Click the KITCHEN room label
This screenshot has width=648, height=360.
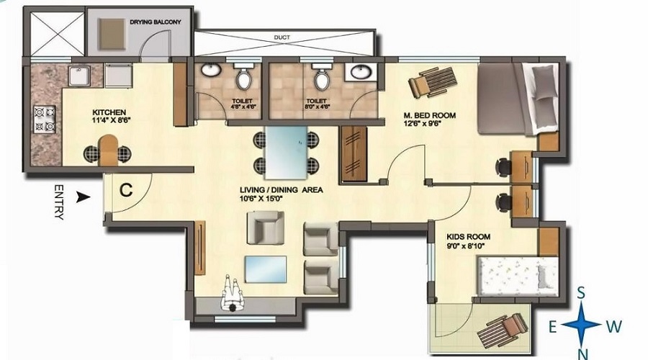click(109, 112)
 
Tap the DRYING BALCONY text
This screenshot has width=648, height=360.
click(155, 22)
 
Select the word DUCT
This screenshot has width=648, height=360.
click(282, 37)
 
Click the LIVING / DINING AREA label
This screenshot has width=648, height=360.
click(281, 191)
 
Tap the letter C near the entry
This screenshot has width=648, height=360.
click(126, 191)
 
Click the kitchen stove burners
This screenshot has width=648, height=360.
click(45, 119)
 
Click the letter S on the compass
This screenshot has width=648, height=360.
click(580, 293)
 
